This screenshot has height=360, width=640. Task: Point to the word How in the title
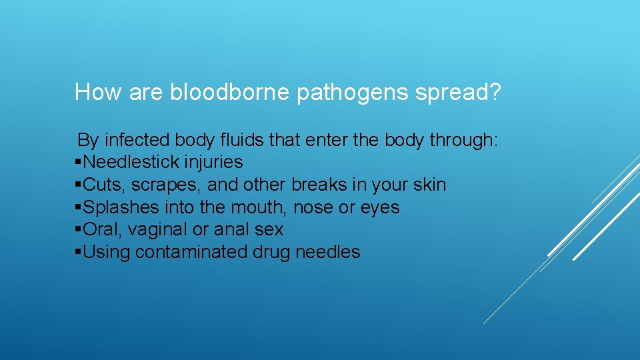pos(97,92)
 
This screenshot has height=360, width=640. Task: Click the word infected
pos(138,140)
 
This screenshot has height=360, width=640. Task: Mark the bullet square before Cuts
pos(79,185)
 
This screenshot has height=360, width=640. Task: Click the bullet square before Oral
pos(79,230)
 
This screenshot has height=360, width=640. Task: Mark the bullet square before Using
pos(79,252)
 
